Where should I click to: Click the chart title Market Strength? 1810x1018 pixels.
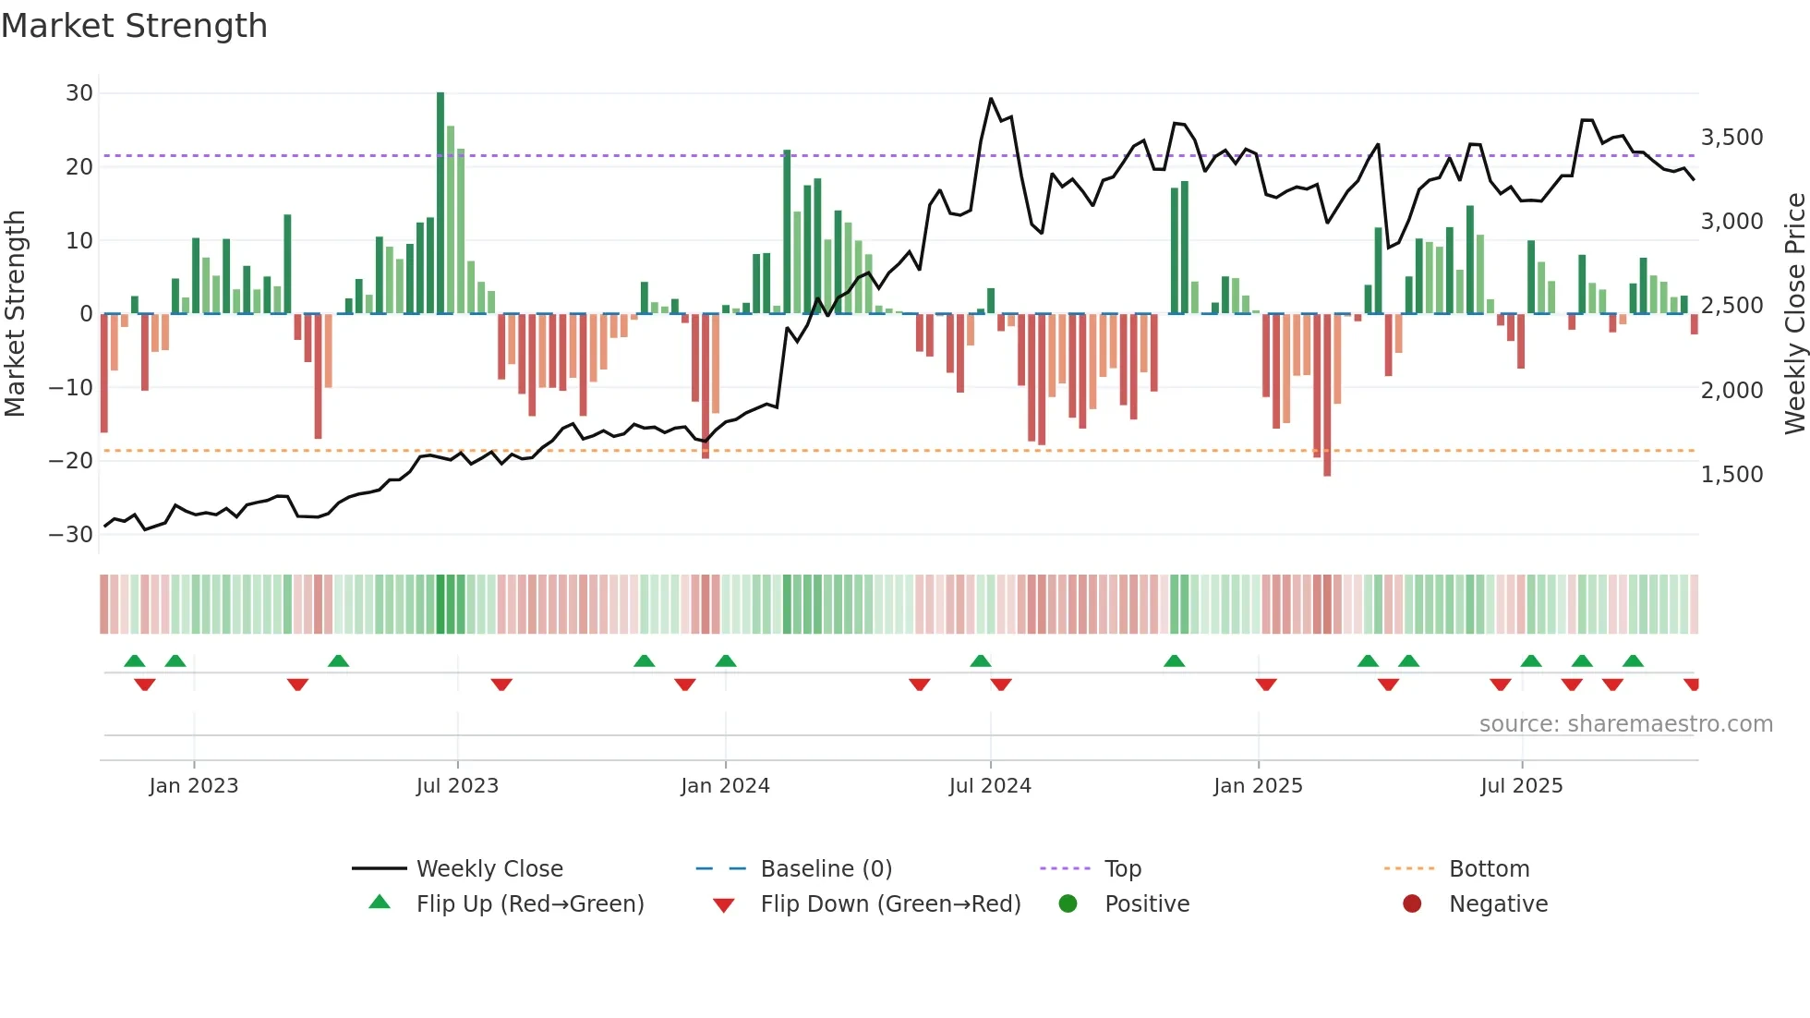coord(134,26)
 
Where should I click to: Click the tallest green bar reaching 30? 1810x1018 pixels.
coord(440,203)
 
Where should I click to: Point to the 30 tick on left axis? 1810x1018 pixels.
coord(79,93)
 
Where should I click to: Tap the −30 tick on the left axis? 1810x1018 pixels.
coord(71,535)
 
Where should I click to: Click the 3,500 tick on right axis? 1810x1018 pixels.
coord(1732,138)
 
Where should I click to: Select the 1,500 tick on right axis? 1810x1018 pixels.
coord(1732,475)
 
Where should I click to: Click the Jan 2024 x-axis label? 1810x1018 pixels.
coord(725,786)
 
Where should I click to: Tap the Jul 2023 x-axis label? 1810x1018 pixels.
coord(457,786)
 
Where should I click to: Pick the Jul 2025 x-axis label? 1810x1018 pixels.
coord(1521,786)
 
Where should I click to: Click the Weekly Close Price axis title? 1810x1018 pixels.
coord(1794,314)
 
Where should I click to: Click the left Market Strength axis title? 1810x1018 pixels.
coord(16,314)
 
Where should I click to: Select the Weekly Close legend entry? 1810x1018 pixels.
coord(489,869)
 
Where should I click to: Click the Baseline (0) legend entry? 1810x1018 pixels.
coord(826,869)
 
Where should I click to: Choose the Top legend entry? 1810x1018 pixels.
coord(1123,869)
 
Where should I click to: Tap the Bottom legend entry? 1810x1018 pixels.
coord(1489,869)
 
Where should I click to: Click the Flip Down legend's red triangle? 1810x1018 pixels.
coord(724,905)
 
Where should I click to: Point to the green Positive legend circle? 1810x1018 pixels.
coord(1068,904)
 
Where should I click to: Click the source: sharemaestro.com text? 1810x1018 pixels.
coord(1625,724)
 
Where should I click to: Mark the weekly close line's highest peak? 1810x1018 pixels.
coord(991,99)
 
